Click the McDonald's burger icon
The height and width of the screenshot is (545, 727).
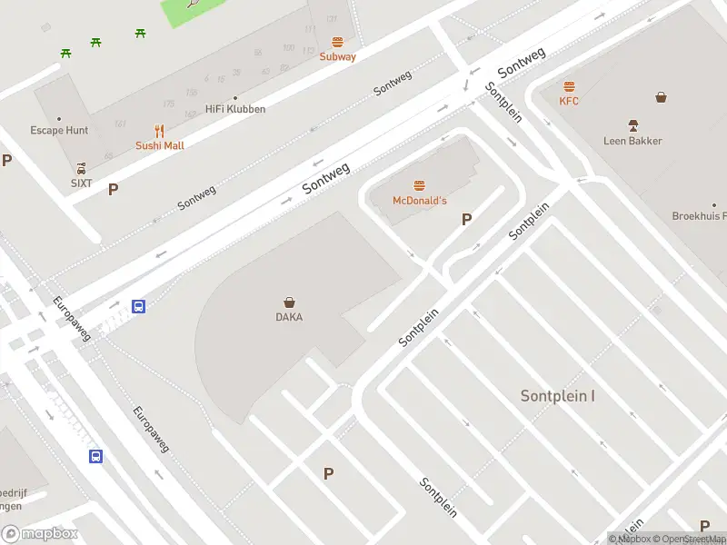tap(419, 185)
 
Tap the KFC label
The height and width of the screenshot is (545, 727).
tap(569, 101)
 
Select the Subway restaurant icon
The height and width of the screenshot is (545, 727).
tap(338, 42)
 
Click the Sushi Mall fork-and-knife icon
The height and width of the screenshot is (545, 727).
tap(160, 131)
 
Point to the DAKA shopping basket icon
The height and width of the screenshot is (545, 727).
tap(289, 302)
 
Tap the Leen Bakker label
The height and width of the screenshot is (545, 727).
tap(632, 141)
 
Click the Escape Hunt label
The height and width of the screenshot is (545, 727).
tap(59, 130)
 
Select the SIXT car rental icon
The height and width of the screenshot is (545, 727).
tap(82, 168)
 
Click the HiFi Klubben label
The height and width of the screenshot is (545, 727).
tap(235, 109)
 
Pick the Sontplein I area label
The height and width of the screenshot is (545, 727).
tap(558, 396)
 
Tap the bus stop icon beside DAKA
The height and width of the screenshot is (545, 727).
tap(139, 306)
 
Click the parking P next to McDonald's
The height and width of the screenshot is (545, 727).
tap(467, 219)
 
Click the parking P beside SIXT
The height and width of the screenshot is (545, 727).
tap(114, 190)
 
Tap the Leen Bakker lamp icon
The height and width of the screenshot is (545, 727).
tap(632, 124)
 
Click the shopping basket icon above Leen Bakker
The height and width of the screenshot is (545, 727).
tap(661, 97)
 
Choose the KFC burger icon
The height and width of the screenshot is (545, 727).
tap(569, 87)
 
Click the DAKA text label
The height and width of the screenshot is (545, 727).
tap(289, 317)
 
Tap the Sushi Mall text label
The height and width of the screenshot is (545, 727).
tap(160, 145)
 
